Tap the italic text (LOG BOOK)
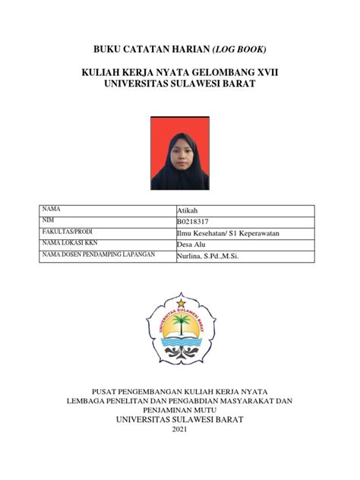tap(238, 50)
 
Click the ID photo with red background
tap(180, 153)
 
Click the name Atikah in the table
tap(186, 211)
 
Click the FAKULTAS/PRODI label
tap(65, 232)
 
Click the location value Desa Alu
tap(190, 245)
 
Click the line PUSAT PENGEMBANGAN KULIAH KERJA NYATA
tap(179, 390)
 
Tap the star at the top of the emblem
tap(181, 304)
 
